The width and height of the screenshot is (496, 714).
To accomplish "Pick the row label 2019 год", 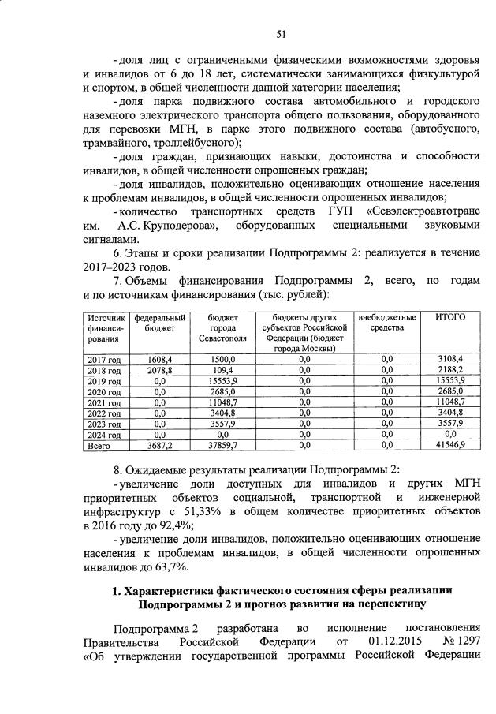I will click(103, 381).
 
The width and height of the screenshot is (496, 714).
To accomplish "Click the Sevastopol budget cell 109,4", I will click(223, 370).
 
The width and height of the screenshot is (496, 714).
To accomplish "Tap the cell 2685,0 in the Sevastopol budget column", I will click(223, 391).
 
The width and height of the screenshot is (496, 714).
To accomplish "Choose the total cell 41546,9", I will click(450, 445).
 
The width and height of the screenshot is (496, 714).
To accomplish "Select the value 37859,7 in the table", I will click(223, 445).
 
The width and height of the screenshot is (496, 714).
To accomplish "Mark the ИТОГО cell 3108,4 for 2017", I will click(450, 359).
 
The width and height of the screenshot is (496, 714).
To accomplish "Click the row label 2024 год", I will click(103, 434).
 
